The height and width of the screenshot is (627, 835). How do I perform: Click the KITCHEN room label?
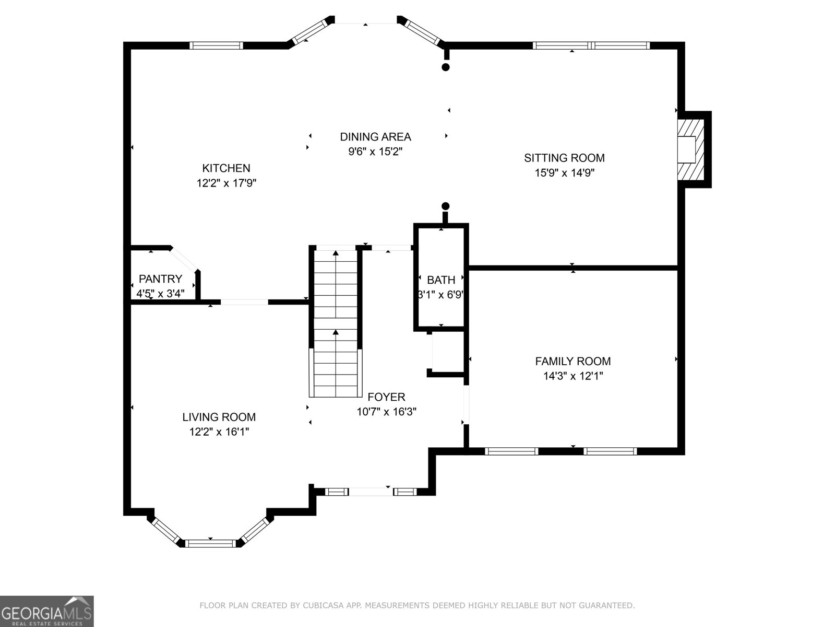pyautogui.click(x=226, y=168)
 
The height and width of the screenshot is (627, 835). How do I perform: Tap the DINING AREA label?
pyautogui.click(x=375, y=137)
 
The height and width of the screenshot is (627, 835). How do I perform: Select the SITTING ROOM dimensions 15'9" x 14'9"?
pyautogui.click(x=564, y=173)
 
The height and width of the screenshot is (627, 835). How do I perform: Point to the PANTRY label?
pyautogui.click(x=160, y=279)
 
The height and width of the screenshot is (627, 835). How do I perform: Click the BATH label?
pyautogui.click(x=441, y=280)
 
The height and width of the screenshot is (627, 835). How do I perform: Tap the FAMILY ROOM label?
pyautogui.click(x=572, y=361)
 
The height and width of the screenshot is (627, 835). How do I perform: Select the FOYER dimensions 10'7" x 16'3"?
pyautogui.click(x=386, y=412)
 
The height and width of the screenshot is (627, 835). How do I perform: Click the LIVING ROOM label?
pyautogui.click(x=219, y=417)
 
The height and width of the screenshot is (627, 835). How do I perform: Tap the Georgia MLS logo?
pyautogui.click(x=47, y=611)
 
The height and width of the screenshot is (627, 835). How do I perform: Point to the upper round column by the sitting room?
pyautogui.click(x=445, y=67)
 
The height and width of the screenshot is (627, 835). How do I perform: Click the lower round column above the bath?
pyautogui.click(x=445, y=206)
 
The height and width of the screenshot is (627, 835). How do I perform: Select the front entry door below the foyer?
pyautogui.click(x=371, y=492)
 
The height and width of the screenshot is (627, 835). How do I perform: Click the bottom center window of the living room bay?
pyautogui.click(x=211, y=544)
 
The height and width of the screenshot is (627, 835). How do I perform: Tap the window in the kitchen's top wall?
pyautogui.click(x=216, y=45)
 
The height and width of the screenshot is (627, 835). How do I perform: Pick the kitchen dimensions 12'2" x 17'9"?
pyautogui.click(x=226, y=183)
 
